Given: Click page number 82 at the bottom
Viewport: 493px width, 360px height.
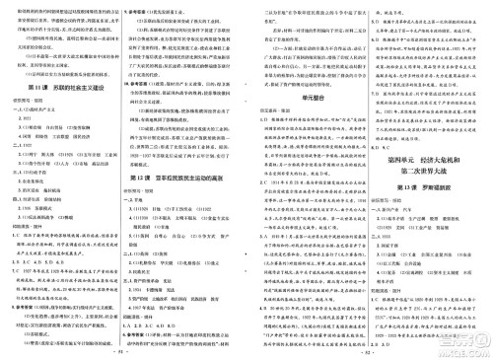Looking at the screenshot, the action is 366,349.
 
